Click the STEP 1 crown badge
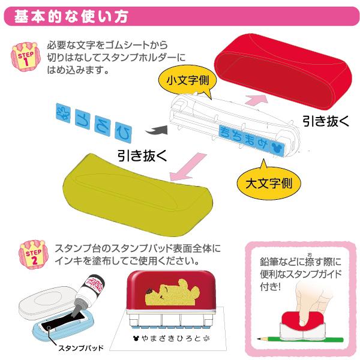pos(26,57)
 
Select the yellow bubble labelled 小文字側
pos(188,81)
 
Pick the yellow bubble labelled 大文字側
pos(269,182)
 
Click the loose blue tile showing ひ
pos(123,133)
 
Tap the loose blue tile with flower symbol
pos(63,113)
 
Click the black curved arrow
pos(157,130)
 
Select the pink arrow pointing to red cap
pos(257,100)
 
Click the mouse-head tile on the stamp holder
pos(277,148)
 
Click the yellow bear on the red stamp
pos(171,292)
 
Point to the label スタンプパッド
pos(81,348)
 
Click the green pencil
pos(301,339)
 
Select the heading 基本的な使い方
pos(71,17)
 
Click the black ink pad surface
pos(62,321)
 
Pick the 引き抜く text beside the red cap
pos(326,121)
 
